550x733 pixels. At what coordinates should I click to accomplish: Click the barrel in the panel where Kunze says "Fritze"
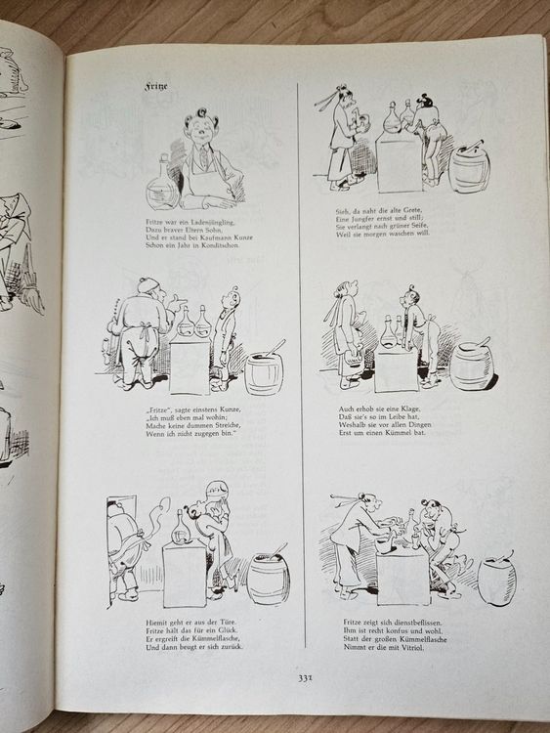[x=264, y=372]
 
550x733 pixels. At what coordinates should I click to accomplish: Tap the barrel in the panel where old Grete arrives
[x=470, y=168]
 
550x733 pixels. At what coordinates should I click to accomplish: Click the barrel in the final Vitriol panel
[x=497, y=580]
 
